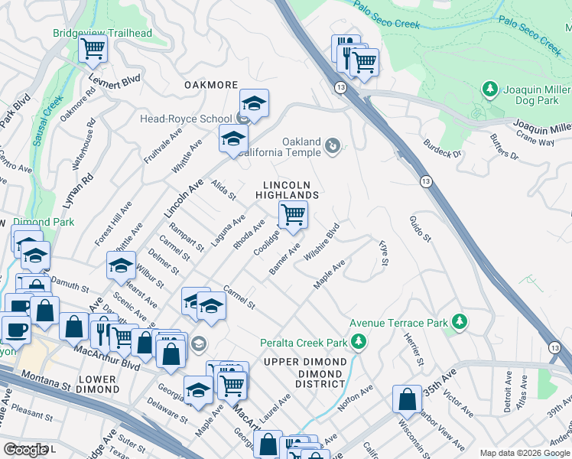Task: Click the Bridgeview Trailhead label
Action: pos(102,34)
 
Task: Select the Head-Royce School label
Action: pos(185,119)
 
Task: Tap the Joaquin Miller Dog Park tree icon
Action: pos(490,90)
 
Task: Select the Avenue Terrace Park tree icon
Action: pos(459,323)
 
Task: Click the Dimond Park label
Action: pos(42,223)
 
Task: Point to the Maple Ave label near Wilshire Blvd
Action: pos(330,275)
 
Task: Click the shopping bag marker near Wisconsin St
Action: pos(407,399)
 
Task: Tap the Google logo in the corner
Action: pos(26,450)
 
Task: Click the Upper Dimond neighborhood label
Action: pos(305,361)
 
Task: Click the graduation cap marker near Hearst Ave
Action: pos(121,265)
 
